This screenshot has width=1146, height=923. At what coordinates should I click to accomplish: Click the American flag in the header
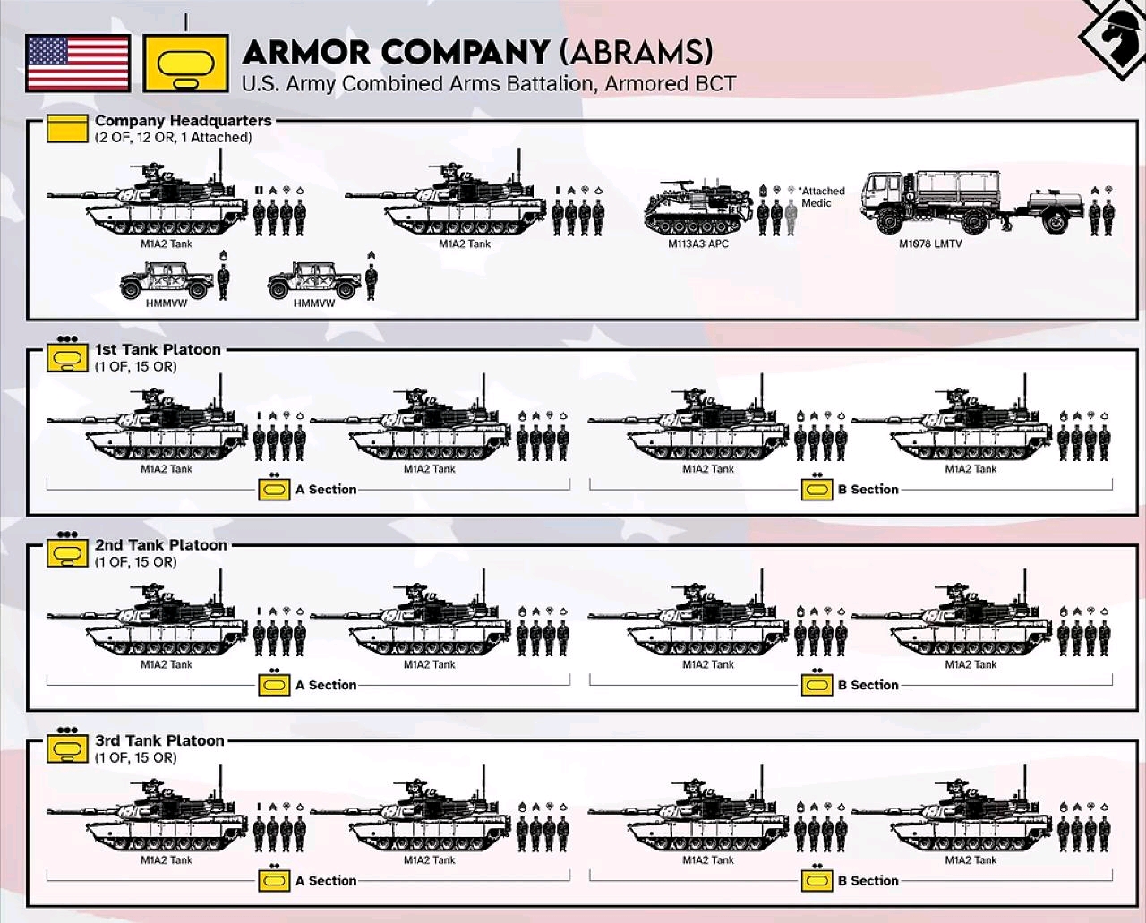coord(78,64)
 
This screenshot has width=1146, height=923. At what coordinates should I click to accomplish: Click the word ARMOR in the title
coord(307,52)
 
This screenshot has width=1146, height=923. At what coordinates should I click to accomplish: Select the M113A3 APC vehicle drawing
coord(698,209)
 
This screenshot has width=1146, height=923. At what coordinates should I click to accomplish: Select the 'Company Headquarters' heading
coord(184,121)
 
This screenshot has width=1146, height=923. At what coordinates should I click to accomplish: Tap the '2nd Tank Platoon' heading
coord(161,545)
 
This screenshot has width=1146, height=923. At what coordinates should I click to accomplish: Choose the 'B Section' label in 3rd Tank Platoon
coord(868,880)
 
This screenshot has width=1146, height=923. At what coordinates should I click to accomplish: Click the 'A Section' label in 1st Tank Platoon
coord(326,490)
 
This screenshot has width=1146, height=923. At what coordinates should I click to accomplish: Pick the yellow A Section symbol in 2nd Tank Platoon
coord(274,684)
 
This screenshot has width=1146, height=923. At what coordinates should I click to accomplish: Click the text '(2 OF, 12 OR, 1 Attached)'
coord(174,137)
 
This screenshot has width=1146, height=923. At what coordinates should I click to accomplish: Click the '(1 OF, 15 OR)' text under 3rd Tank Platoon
coord(136,757)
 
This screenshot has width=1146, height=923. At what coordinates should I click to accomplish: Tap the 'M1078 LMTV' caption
coord(930,244)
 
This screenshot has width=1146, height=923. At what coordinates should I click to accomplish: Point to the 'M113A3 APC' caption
coord(698,244)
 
